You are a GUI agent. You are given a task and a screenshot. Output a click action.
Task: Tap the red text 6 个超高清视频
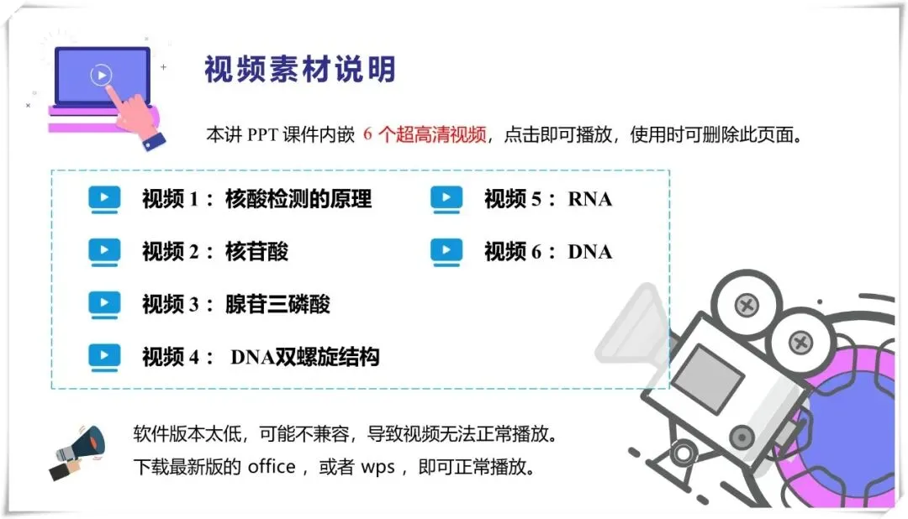click(425, 135)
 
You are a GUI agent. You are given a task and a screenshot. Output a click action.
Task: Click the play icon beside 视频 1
click(104, 199)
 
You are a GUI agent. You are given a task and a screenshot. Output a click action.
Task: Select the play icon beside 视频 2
click(104, 251)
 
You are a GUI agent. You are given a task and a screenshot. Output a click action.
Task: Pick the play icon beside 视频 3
click(104, 303)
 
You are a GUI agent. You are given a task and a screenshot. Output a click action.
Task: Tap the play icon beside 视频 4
click(104, 357)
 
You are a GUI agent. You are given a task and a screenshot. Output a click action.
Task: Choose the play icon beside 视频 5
click(446, 199)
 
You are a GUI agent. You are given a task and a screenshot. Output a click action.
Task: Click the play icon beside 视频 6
click(446, 251)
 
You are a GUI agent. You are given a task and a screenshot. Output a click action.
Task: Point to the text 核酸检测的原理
click(298, 200)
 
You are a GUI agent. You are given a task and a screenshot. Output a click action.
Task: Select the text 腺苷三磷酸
click(277, 304)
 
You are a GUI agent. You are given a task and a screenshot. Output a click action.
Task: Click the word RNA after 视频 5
click(590, 200)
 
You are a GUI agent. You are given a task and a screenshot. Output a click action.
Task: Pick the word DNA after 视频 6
click(590, 252)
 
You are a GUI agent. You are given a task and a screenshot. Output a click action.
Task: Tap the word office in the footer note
click(271, 467)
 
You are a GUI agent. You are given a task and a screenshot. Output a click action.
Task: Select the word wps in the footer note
click(377, 467)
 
